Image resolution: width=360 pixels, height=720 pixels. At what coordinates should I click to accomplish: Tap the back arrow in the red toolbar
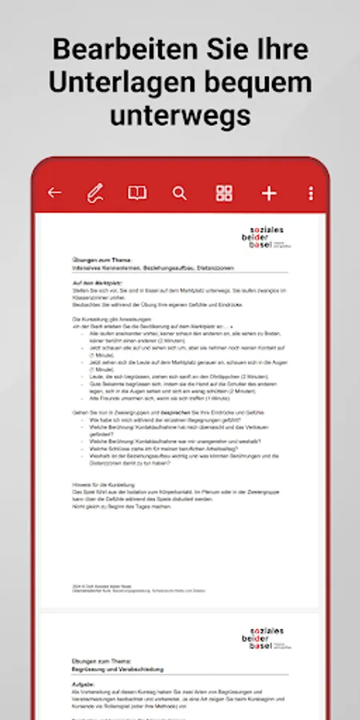(x=54, y=193)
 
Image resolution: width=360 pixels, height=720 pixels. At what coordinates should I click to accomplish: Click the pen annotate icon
(x=95, y=193)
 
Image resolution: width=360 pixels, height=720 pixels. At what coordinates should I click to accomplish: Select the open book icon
(x=138, y=193)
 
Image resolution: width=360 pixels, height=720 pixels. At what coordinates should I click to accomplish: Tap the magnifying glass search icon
(x=180, y=193)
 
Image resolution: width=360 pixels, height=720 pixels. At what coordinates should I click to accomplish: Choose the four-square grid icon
(x=224, y=193)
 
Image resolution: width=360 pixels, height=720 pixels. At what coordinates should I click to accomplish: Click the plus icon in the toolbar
(x=269, y=193)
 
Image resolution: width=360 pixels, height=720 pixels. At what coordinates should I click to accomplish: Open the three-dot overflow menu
(x=311, y=193)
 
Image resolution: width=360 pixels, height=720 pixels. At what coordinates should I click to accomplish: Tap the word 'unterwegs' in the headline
(x=180, y=115)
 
